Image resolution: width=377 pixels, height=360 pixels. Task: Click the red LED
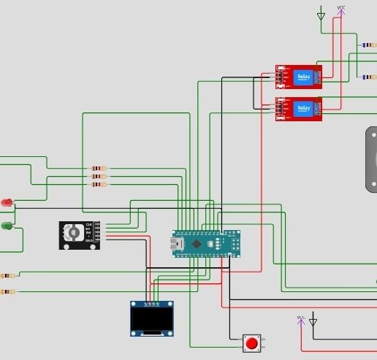7,202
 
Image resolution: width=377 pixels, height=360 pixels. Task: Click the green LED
7,226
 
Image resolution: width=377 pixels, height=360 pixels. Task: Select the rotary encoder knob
73,233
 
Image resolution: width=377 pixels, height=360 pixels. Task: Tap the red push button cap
252,342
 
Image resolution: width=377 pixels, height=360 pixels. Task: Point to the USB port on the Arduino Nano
178,244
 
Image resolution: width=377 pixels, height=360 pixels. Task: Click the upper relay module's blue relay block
302,77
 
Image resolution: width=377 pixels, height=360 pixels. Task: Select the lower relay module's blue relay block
302,109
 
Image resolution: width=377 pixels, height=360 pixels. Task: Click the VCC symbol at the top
341,9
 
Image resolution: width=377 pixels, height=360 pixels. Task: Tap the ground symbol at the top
321,15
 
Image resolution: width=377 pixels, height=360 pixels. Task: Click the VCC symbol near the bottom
300,319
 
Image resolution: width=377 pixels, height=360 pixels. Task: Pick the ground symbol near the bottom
313,321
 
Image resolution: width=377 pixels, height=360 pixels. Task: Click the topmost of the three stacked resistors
98,168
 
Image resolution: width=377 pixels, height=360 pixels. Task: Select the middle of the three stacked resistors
98,176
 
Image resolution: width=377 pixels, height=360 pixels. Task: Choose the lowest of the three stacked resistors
98,184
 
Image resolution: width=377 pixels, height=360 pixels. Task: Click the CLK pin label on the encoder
89,224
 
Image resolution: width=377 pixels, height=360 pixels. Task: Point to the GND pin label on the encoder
89,240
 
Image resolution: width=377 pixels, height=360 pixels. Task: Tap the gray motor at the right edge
371,159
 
